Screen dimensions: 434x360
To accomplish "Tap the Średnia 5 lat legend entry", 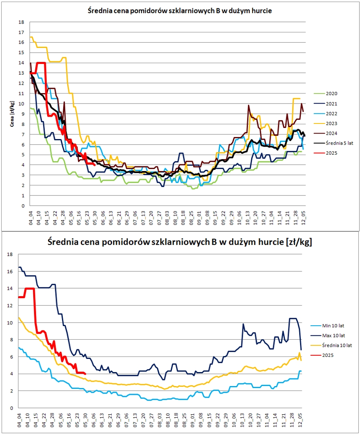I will click(x=333, y=143).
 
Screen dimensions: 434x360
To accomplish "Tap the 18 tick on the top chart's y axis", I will click(x=22, y=22).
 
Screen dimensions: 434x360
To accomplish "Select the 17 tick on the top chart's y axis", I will click(x=22, y=32).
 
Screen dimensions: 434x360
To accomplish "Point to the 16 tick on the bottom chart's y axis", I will click(x=10, y=271).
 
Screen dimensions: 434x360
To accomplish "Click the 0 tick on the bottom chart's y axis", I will click(x=12, y=408).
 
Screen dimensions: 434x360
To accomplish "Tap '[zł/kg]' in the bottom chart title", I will click(x=299, y=242).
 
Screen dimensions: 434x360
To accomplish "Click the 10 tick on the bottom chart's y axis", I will click(x=10, y=323).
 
